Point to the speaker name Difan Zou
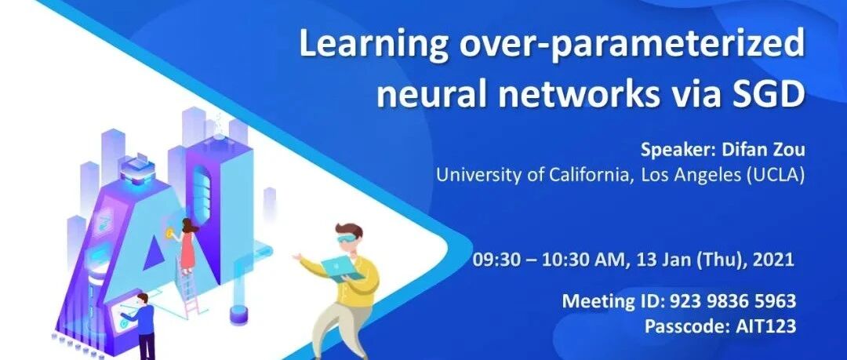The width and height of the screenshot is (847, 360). [x=763, y=150]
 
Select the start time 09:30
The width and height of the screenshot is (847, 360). [x=496, y=260]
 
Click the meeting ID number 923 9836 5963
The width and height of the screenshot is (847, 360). [x=733, y=300]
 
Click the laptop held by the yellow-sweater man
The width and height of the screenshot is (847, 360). [x=342, y=269]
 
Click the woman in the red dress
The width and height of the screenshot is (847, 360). [x=187, y=246]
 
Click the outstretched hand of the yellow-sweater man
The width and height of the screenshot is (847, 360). [x=297, y=256]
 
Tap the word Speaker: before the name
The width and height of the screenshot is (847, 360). [x=678, y=150]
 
